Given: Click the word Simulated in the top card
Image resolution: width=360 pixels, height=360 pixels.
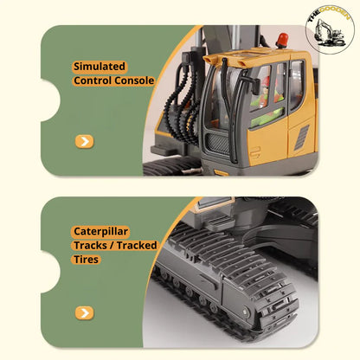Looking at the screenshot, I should click(100, 66).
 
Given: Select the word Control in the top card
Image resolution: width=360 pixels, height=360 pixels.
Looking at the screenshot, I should click(92, 80).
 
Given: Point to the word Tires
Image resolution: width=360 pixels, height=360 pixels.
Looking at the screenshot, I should click(87, 260).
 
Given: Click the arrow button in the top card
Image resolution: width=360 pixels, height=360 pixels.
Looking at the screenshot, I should click(84, 141).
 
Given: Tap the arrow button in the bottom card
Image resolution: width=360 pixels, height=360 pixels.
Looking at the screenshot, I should click(84, 312).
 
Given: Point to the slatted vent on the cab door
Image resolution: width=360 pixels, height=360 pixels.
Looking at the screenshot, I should click(302, 137).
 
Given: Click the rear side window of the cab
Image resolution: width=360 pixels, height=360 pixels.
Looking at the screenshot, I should click(297, 85).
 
